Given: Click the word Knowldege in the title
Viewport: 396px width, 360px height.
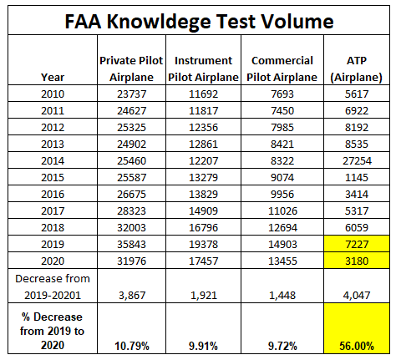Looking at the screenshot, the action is [159, 22].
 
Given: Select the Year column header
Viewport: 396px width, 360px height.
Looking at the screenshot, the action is [53, 77].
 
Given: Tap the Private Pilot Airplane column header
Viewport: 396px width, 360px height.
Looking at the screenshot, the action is [131, 68].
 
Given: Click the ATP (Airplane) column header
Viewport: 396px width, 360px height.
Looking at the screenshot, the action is [357, 68].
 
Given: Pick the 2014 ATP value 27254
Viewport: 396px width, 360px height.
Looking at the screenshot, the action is [357, 160].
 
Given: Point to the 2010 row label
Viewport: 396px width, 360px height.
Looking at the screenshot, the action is [53, 94].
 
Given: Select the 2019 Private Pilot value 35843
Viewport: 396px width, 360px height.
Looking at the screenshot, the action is [131, 244].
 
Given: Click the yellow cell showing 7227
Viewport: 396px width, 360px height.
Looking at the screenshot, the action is [357, 244].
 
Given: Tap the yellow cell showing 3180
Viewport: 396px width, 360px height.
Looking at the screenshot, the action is [357, 261].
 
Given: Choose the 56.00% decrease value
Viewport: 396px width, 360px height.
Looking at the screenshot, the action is [357, 346].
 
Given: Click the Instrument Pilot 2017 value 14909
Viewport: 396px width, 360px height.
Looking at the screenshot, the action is [203, 210].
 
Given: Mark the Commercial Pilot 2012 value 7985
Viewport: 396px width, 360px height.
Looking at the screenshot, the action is [282, 127].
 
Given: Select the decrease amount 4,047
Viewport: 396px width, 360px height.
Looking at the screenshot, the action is [357, 295].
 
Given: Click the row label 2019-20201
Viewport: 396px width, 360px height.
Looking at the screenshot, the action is [53, 295].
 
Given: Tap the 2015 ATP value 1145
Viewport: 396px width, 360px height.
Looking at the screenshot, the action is [357, 177].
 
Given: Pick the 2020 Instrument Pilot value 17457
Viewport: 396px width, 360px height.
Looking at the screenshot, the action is [203, 261].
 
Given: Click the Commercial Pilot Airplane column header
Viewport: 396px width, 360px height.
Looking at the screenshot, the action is [282, 68].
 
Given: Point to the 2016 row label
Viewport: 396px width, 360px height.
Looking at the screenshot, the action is [53, 194].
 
